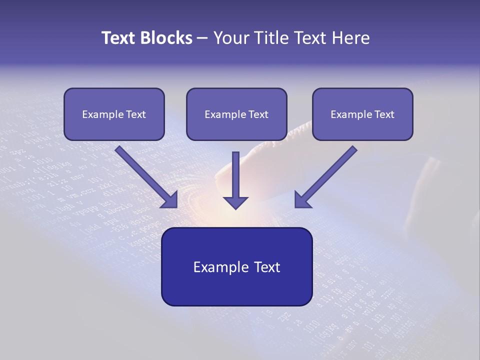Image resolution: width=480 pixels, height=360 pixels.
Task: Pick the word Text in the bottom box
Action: point(267,267)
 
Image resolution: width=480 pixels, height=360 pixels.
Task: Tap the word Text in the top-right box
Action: point(384,114)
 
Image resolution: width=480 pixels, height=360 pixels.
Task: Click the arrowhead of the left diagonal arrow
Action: point(170,200)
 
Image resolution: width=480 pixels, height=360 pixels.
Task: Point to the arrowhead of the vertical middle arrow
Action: point(235,202)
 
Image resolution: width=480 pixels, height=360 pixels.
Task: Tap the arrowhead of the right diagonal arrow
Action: point(302,200)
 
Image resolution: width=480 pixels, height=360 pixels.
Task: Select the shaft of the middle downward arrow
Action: point(235,172)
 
